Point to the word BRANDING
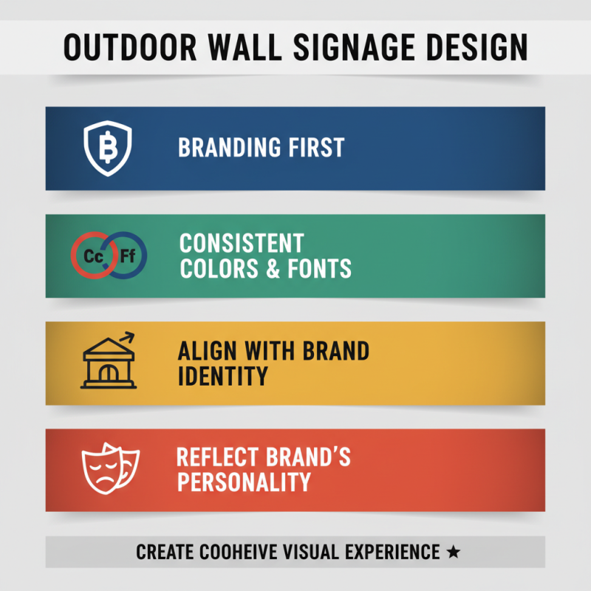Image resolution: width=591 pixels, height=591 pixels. click(225, 147)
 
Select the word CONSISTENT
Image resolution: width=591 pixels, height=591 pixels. click(242, 243)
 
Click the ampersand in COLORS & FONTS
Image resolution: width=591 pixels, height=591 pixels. click(272, 269)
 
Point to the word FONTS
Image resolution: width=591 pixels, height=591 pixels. click(318, 269)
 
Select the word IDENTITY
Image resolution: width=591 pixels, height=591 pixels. click(222, 376)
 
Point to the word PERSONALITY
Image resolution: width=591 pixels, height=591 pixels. click(243, 482)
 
